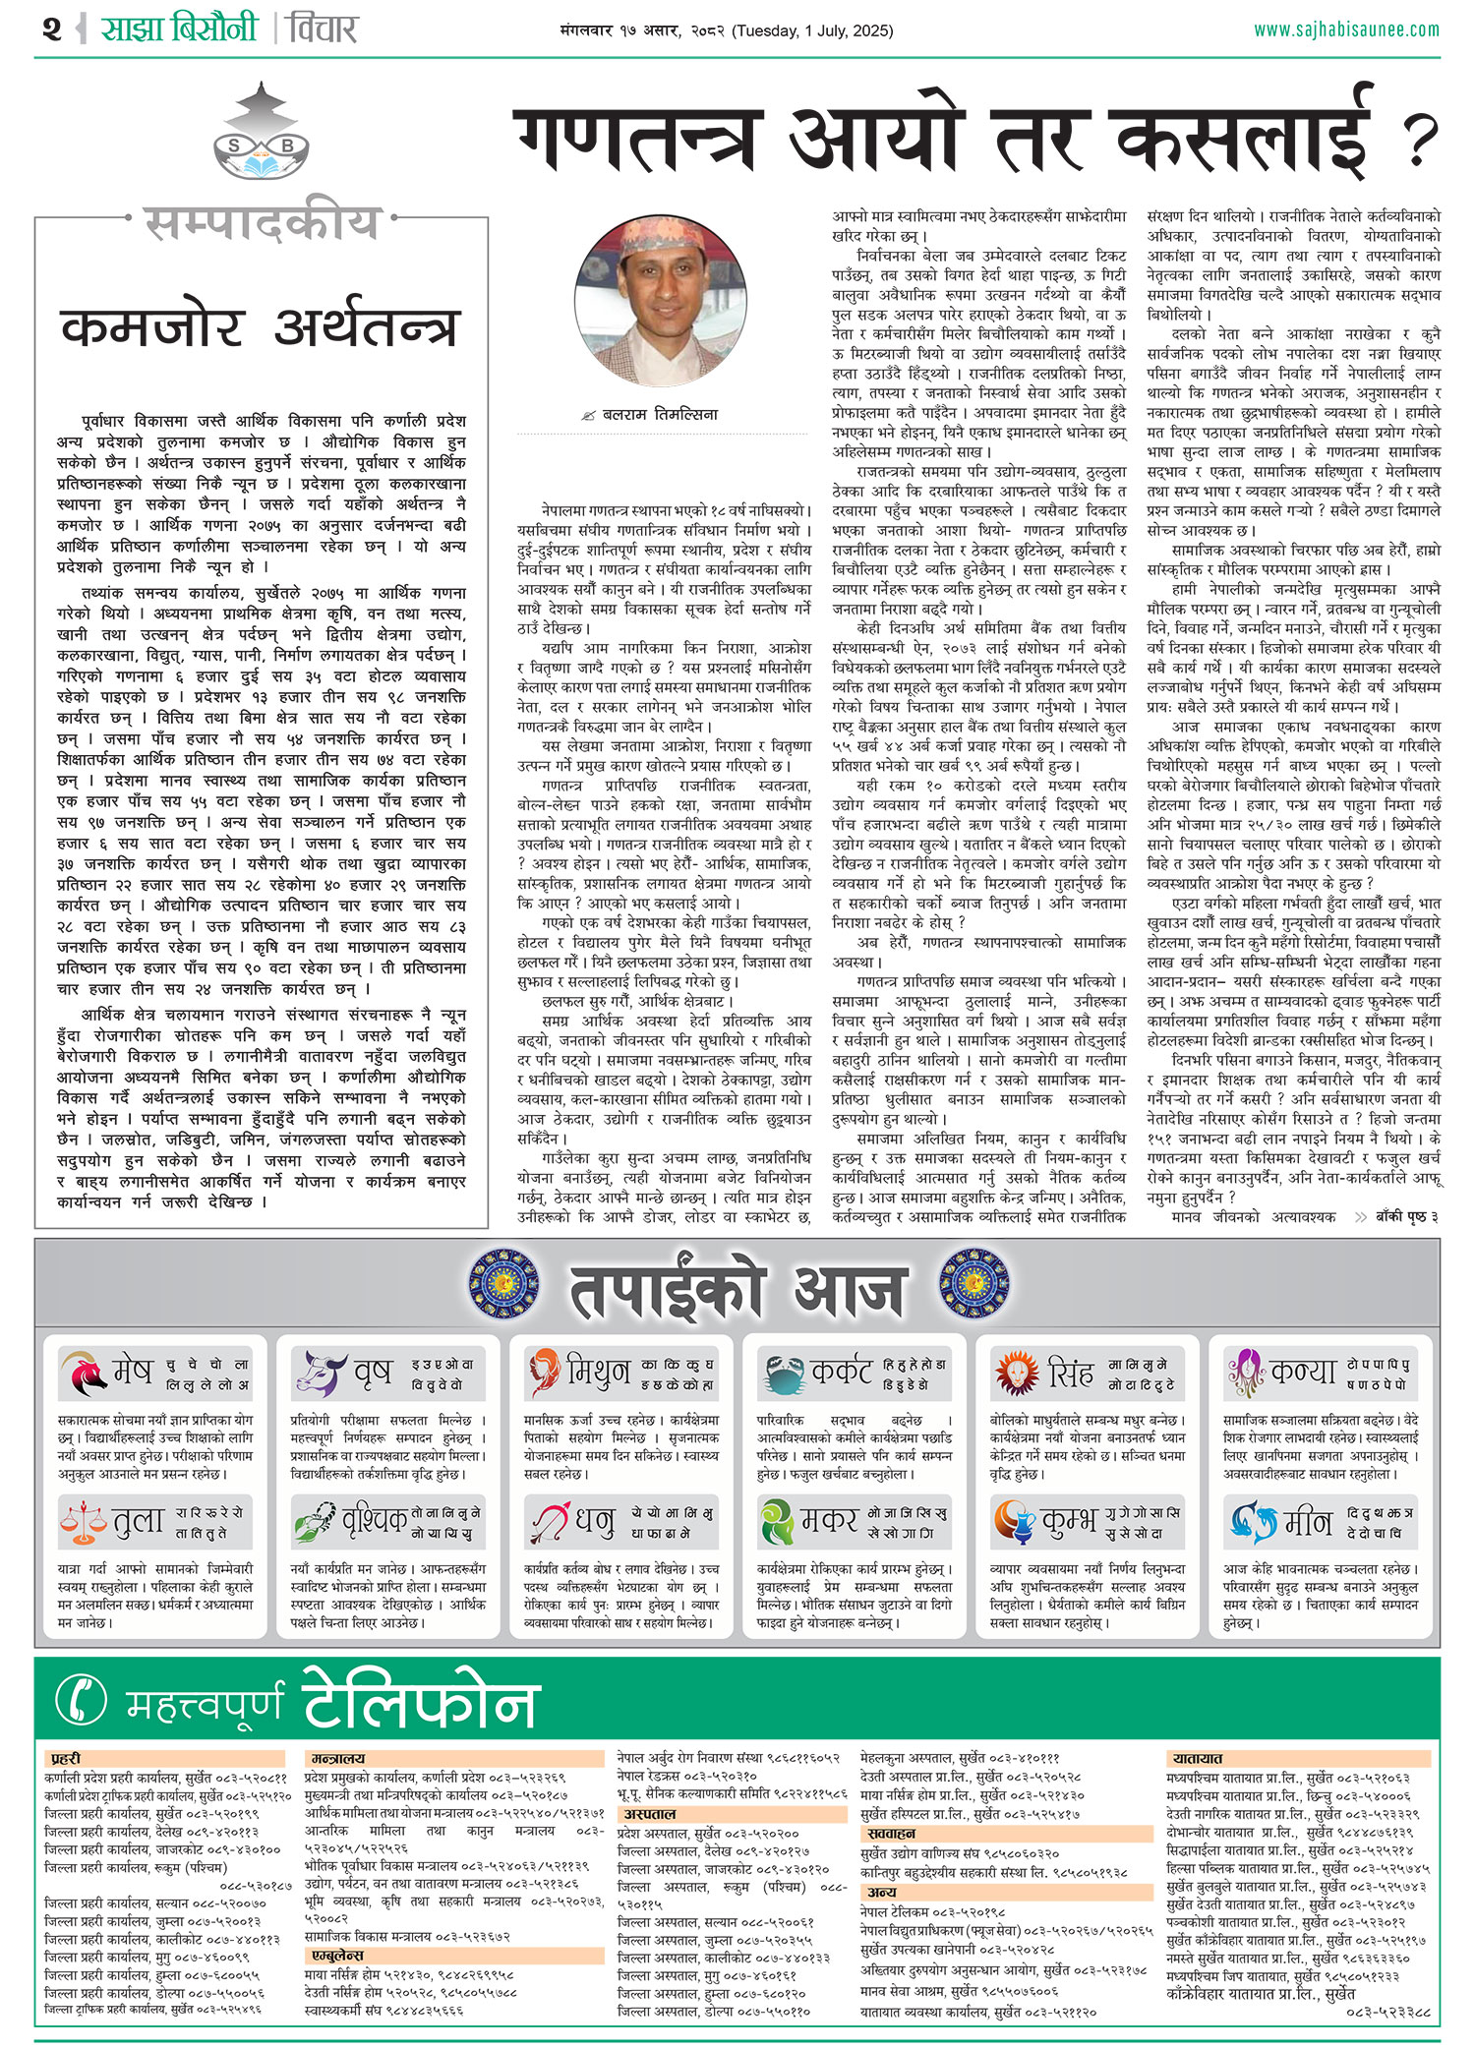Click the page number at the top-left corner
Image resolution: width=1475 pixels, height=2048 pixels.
click(52, 29)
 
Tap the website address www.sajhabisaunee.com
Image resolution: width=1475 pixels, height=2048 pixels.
click(1346, 29)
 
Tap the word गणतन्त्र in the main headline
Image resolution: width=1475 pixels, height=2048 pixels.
click(639, 140)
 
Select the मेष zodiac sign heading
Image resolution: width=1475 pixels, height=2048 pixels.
click(133, 1369)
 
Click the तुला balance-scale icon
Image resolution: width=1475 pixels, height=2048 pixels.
click(83, 1520)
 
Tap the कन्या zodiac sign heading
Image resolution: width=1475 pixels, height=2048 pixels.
click(1303, 1371)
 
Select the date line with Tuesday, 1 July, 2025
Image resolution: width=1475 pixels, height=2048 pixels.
click(726, 30)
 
